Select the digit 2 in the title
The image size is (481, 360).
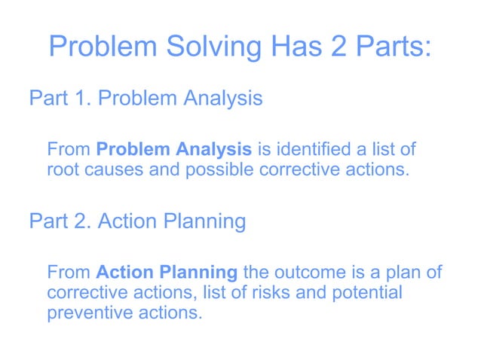[x=335, y=47]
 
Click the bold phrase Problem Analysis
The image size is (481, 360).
[x=174, y=149]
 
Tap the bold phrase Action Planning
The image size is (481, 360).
[x=167, y=272]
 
